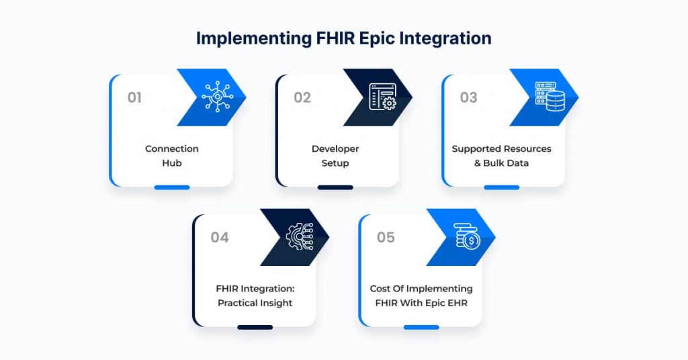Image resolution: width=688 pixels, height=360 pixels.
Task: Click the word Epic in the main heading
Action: click(382, 38)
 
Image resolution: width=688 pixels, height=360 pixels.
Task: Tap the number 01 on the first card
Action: click(134, 97)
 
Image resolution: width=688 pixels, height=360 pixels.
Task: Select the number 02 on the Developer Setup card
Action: click(302, 97)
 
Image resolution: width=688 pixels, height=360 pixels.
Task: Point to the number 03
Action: click(468, 97)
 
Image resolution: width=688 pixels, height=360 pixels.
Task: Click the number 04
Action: click(220, 237)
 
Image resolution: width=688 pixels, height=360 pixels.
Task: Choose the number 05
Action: click(386, 237)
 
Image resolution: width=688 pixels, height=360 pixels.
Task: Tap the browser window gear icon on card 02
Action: click(382, 97)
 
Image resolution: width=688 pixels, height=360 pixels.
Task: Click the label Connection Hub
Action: click(172, 156)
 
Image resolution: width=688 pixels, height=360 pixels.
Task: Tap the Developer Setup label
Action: click(335, 156)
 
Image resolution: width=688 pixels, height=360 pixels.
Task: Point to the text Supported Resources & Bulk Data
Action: click(501, 156)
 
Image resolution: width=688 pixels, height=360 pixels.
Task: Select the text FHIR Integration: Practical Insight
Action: click(255, 296)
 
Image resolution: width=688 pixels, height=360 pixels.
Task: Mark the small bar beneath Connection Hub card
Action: click(172, 187)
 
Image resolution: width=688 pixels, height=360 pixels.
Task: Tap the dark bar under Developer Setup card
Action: click(335, 187)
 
